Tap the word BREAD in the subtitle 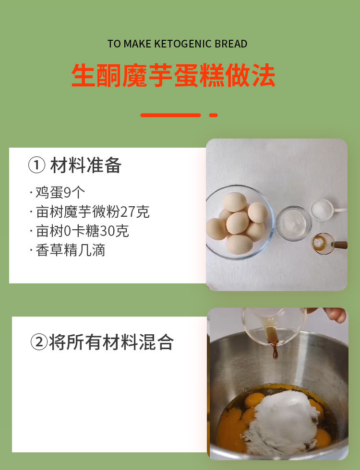point(231,44)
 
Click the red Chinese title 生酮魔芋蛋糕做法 point(173,75)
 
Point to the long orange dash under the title point(170,115)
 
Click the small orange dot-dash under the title point(213,115)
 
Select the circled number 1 point(36,165)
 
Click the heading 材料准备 point(86,165)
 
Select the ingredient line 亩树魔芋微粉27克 point(89,211)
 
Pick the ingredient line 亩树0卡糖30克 point(79,231)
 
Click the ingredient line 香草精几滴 point(68,250)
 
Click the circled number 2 point(39,342)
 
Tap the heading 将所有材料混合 point(111,342)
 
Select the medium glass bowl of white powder point(293,223)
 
